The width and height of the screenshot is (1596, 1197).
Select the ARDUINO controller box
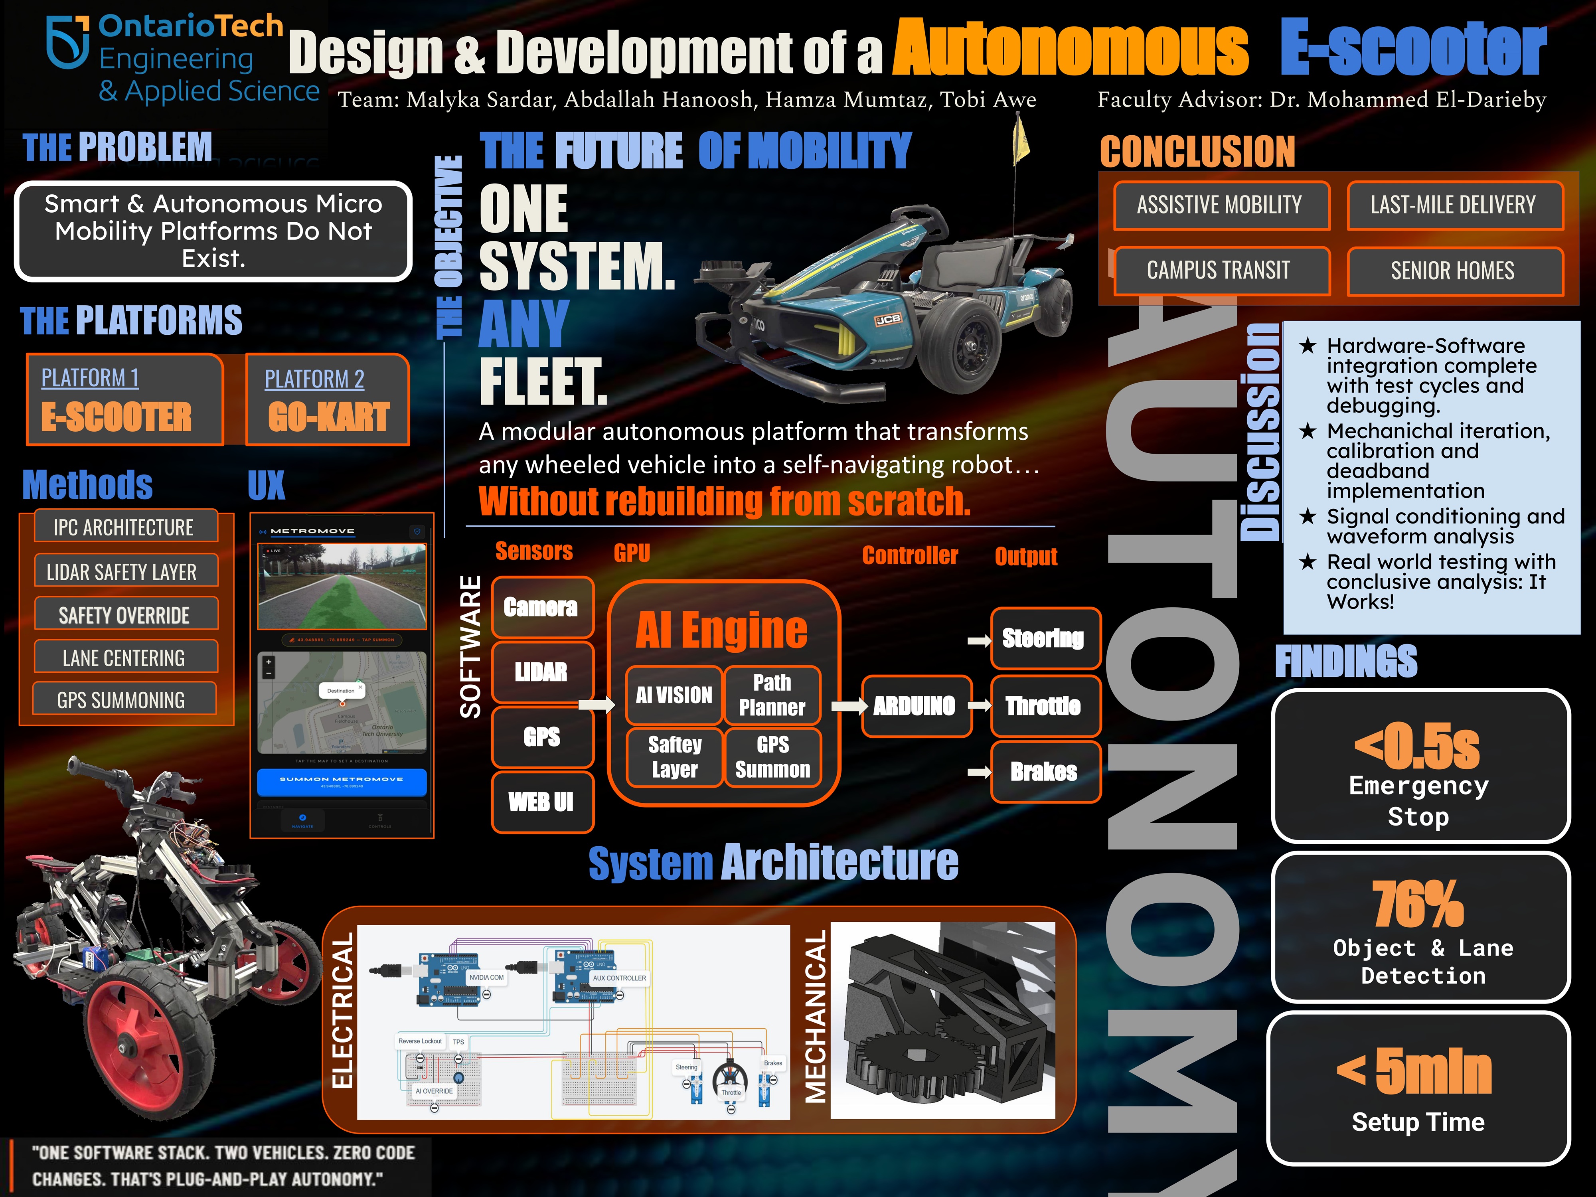914,706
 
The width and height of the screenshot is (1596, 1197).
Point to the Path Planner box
772,695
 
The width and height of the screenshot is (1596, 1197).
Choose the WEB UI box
541,802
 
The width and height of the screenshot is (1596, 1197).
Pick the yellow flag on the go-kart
1021,141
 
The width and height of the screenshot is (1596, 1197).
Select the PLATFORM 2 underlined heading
314,379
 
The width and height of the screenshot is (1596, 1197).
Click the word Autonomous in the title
1071,49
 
